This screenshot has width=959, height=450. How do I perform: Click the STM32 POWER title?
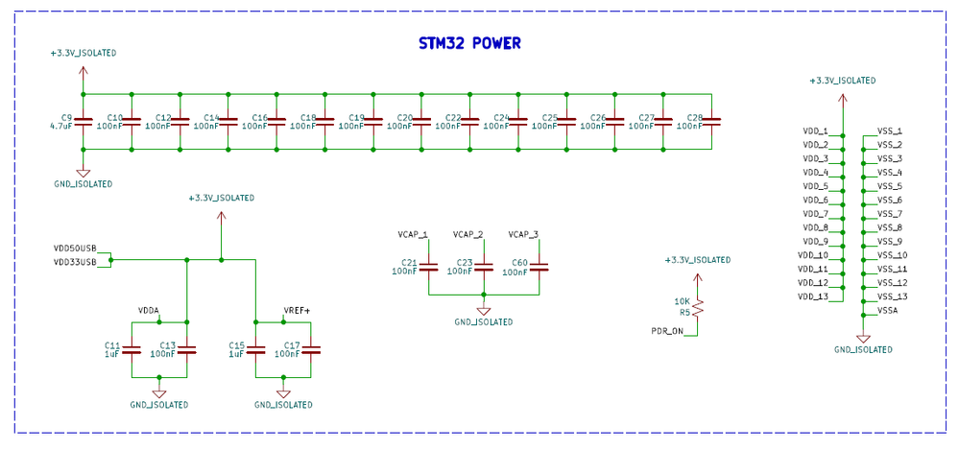pyautogui.click(x=469, y=43)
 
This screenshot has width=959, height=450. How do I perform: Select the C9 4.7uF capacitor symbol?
pyautogui.click(x=83, y=122)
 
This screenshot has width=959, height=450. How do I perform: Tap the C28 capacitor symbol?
pyautogui.click(x=711, y=122)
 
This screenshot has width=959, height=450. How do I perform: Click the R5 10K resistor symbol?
pyautogui.click(x=699, y=307)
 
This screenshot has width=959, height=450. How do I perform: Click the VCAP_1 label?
pyautogui.click(x=413, y=234)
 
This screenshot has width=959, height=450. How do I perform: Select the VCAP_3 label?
pyautogui.click(x=523, y=234)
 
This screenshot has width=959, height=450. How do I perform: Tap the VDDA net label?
pyautogui.click(x=149, y=311)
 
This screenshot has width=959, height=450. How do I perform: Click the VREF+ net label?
pyautogui.click(x=297, y=311)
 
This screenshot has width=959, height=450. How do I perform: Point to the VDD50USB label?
pyautogui.click(x=75, y=248)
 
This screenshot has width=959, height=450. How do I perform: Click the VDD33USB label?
pyautogui.click(x=75, y=261)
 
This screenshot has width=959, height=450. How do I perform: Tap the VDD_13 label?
pyautogui.click(x=812, y=296)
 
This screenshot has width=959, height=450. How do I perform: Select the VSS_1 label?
pyautogui.click(x=889, y=130)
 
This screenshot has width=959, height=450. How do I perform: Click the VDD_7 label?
pyautogui.click(x=814, y=214)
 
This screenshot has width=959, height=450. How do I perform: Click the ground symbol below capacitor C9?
pyautogui.click(x=83, y=172)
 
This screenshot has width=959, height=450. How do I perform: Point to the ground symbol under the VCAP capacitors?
pyautogui.click(x=484, y=310)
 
